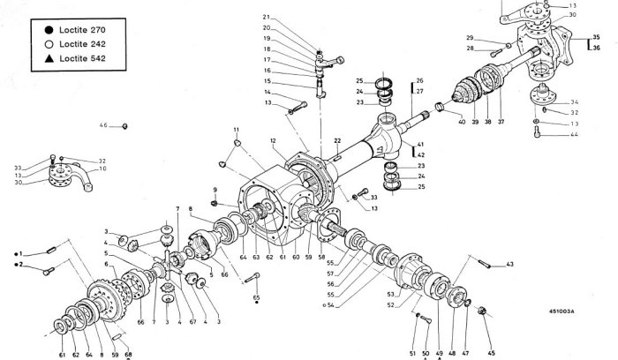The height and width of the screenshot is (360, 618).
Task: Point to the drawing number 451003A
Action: click(x=561, y=311)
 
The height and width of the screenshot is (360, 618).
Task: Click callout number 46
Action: click(x=103, y=126)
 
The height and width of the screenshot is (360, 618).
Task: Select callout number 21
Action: click(x=266, y=18)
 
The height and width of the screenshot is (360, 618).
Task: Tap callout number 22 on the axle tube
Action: click(x=336, y=141)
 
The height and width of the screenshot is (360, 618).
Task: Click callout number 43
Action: click(x=509, y=264)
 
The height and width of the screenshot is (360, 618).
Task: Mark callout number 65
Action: click(x=257, y=298)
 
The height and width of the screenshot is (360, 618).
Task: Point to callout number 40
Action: click(x=462, y=121)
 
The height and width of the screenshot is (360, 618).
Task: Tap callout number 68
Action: click(x=128, y=356)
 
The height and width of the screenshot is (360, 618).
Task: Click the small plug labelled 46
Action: click(x=125, y=126)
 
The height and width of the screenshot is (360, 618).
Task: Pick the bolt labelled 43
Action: click(x=485, y=262)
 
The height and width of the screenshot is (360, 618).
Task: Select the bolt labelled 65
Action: click(x=252, y=280)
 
